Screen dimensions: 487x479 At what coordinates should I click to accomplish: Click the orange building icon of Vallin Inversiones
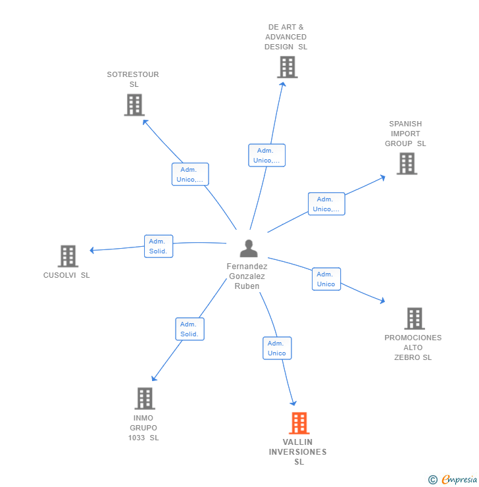(299, 423)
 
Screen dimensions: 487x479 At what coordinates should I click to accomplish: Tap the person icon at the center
(249, 248)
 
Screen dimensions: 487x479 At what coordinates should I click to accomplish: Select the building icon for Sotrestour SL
(134, 105)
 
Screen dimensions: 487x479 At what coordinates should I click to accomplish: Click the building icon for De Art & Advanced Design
(287, 67)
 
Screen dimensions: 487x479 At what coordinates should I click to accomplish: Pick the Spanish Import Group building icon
(407, 163)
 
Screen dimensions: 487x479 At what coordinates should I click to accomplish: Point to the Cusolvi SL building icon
(68, 256)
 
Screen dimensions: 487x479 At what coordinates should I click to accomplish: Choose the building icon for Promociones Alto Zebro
(414, 319)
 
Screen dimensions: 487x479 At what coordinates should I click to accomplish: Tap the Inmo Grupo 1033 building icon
(145, 398)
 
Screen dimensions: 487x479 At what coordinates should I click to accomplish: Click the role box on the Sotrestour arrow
(190, 174)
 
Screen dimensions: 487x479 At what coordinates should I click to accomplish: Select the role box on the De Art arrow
(266, 155)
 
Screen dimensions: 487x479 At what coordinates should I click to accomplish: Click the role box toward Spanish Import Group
(326, 204)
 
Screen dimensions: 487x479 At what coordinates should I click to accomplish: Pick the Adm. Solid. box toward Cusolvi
(159, 246)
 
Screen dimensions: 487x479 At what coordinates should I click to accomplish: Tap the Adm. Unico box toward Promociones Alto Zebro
(326, 279)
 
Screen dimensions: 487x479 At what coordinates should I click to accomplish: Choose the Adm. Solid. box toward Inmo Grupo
(189, 329)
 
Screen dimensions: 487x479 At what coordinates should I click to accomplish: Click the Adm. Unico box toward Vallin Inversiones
(277, 348)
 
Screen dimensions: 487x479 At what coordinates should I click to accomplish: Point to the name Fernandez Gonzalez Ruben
(247, 276)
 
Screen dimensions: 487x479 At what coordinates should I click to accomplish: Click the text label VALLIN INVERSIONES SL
(298, 452)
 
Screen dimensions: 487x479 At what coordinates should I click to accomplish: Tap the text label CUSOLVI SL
(66, 275)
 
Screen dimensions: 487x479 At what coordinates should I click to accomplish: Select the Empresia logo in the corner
(453, 480)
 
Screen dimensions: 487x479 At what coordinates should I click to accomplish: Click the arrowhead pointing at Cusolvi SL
(92, 250)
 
